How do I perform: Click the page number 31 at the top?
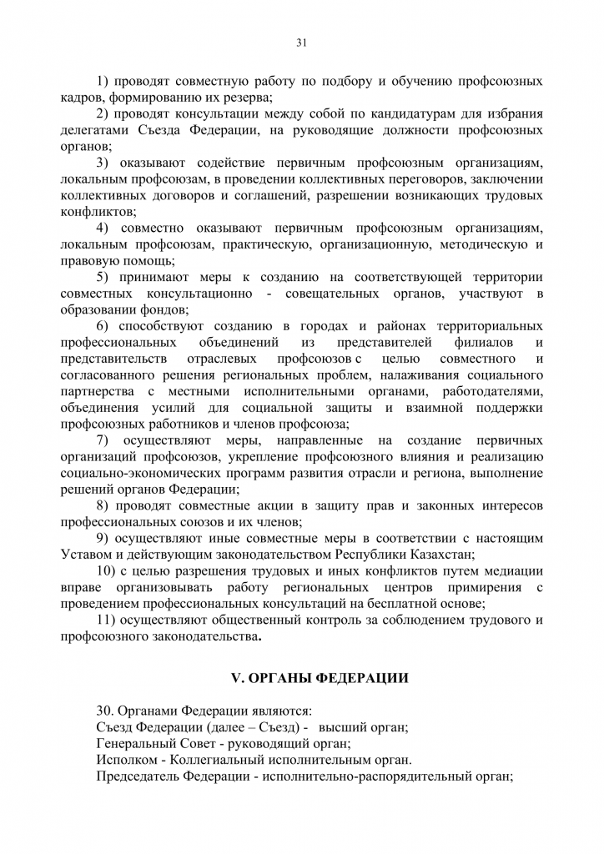301,44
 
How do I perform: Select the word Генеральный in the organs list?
137,744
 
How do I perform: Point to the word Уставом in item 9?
84,555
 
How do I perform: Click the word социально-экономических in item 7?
138,473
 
